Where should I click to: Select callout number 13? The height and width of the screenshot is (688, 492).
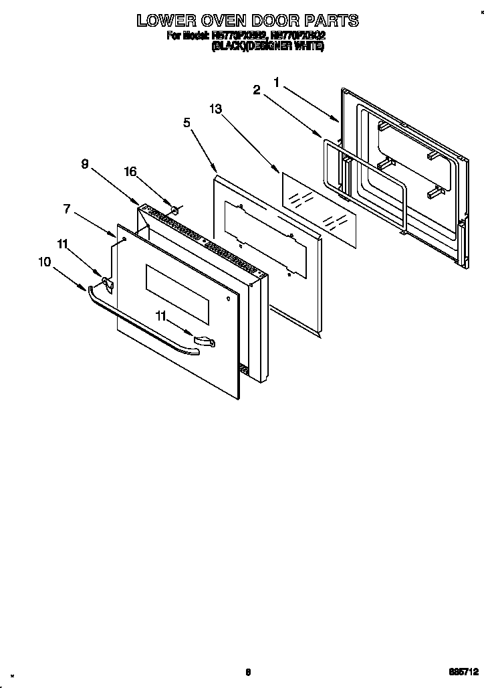pyautogui.click(x=215, y=108)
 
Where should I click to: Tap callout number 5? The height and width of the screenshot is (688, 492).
pyautogui.click(x=187, y=122)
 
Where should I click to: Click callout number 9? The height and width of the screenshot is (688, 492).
pyautogui.click(x=85, y=163)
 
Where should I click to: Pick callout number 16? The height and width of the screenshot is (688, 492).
pyautogui.click(x=130, y=172)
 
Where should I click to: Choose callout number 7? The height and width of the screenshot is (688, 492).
pyautogui.click(x=67, y=209)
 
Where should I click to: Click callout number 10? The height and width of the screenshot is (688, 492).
pyautogui.click(x=45, y=262)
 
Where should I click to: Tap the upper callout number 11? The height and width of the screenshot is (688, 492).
pyautogui.click(x=62, y=245)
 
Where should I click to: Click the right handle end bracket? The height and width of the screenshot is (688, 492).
pyautogui.click(x=204, y=342)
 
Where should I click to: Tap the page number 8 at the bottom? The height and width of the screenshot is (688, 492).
pyautogui.click(x=247, y=673)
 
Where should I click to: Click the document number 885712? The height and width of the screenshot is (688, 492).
pyautogui.click(x=464, y=673)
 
